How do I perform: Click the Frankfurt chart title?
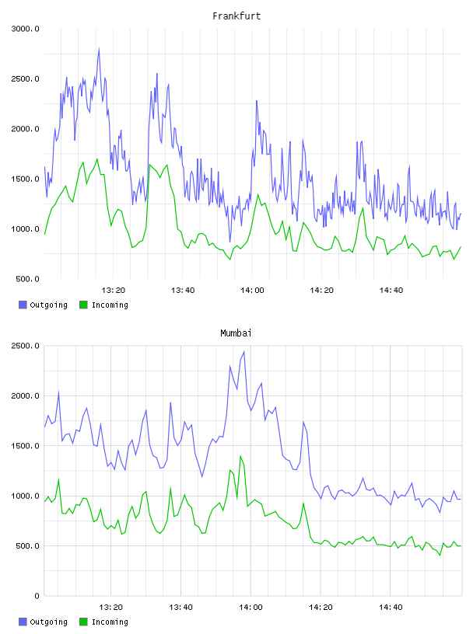(236, 16)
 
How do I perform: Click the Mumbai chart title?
(236, 333)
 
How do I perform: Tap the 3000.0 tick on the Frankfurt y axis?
(25, 29)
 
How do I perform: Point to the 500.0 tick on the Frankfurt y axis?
(27, 279)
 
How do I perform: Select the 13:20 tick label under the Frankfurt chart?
(114, 291)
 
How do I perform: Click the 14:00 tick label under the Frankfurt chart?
(252, 291)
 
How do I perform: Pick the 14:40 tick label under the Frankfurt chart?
(391, 291)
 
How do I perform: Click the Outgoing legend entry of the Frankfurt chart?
(43, 305)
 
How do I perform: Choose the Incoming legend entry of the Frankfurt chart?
(103, 305)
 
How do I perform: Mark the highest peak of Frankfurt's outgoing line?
(99, 49)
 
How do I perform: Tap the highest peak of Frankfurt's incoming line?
(96, 159)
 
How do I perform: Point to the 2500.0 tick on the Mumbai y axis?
(25, 346)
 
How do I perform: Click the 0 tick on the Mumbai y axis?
(37, 596)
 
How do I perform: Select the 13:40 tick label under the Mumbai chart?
(180, 608)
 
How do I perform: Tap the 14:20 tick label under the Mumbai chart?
(321, 608)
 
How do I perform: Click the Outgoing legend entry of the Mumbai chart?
(43, 622)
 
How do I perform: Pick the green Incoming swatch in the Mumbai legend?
(83, 622)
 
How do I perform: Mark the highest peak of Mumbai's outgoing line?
(244, 352)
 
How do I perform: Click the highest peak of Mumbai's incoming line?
(240, 456)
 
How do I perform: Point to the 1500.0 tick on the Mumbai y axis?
(25, 446)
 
